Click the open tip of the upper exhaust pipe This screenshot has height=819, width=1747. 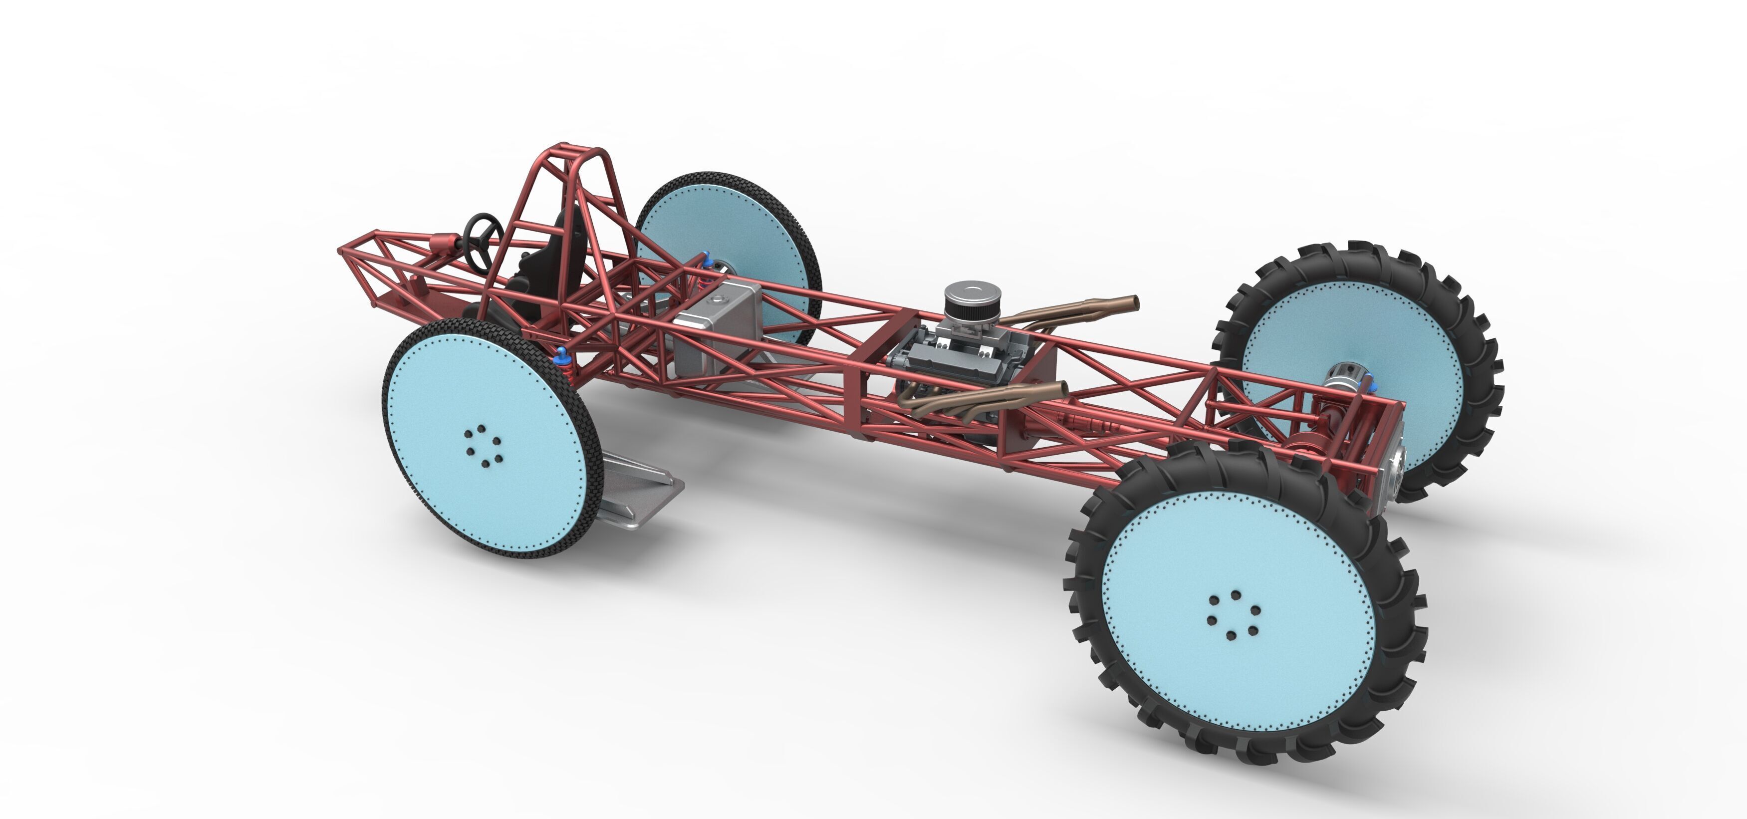tap(1134, 302)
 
